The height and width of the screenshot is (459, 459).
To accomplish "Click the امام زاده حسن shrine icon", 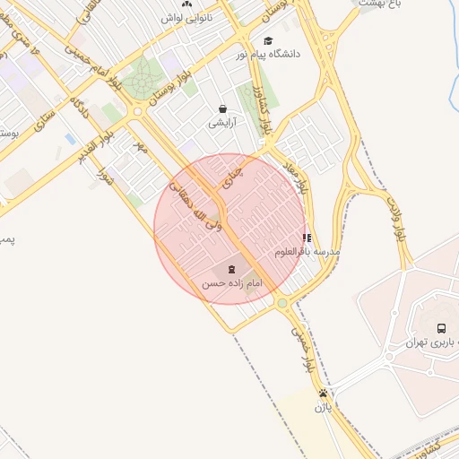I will point(231,269).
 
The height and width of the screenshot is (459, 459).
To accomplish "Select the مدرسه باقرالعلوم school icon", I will point(307,238).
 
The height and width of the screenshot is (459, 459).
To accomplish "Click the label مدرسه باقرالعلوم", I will point(307,252).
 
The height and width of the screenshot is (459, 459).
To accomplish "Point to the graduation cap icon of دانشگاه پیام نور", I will point(267,40).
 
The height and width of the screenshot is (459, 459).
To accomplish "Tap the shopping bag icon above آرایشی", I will point(222,108).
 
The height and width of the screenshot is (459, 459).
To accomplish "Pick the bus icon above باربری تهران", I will point(441,328).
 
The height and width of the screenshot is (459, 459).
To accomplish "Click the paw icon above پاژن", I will point(323,394).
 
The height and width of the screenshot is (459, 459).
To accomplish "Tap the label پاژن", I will point(323,407).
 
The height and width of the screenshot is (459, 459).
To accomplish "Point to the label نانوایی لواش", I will point(187,17).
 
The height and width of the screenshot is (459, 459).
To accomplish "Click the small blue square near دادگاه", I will point(70,139).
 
